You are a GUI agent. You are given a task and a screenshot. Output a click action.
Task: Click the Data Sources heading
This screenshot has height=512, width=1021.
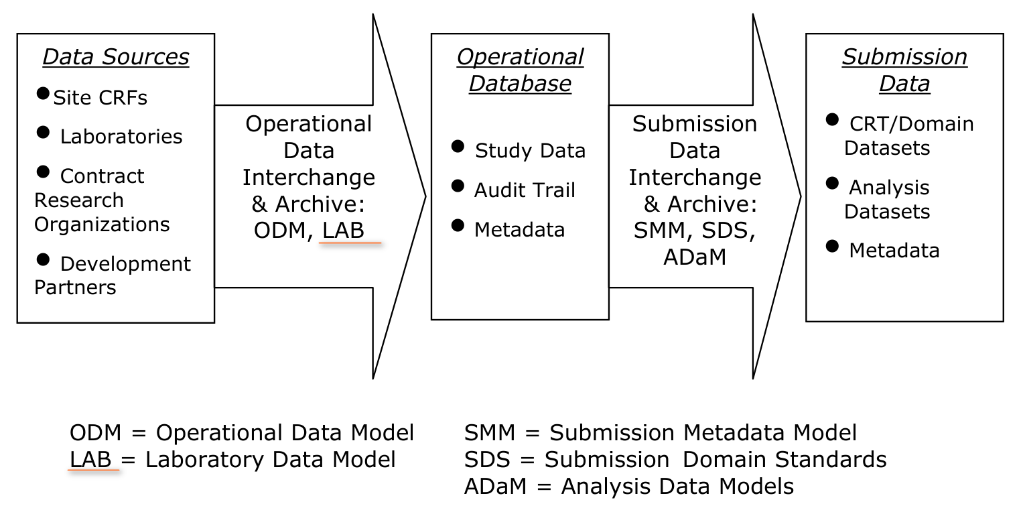(116, 58)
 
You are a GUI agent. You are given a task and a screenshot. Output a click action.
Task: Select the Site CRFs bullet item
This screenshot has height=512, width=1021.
(100, 98)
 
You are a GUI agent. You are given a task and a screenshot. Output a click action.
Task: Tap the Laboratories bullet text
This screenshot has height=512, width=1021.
(121, 137)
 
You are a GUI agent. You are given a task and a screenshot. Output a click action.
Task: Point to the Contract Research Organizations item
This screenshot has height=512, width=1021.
(102, 200)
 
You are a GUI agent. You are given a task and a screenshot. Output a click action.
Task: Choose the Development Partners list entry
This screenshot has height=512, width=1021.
(112, 275)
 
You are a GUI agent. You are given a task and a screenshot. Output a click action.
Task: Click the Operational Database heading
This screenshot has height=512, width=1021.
(520, 70)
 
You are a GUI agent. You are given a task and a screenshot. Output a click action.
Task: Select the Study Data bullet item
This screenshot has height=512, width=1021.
(529, 151)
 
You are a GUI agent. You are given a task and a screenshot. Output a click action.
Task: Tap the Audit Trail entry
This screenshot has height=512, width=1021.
(524, 191)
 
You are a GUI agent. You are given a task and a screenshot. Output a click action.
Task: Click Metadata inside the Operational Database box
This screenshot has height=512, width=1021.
(519, 230)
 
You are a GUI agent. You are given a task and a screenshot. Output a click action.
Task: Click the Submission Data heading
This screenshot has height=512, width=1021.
(904, 70)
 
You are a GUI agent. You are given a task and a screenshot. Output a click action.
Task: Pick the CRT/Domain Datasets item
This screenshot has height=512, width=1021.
(907, 135)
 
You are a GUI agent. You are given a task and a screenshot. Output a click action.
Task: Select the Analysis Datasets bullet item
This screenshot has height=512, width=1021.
(888, 199)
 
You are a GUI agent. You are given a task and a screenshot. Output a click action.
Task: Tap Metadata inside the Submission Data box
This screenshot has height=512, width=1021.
(894, 251)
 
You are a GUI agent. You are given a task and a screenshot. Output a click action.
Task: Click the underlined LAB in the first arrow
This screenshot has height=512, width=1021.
(343, 231)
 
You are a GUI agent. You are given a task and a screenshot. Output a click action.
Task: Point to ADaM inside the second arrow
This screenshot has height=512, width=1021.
(695, 257)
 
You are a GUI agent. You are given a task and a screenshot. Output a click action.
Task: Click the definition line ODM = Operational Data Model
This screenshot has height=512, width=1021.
(242, 433)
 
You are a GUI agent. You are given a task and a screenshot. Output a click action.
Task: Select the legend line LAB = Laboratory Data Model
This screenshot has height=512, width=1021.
(232, 460)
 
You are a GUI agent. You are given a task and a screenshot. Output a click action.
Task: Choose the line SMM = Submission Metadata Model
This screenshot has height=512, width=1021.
(660, 433)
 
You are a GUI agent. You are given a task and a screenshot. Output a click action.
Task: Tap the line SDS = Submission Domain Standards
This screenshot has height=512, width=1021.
(675, 460)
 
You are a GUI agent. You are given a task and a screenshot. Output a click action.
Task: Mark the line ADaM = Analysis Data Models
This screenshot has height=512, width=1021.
(628, 487)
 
